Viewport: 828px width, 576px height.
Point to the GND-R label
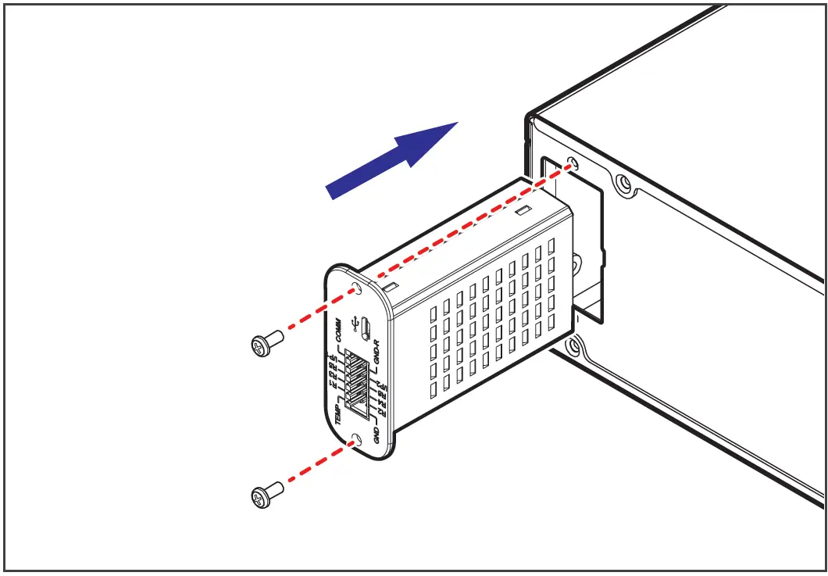376,354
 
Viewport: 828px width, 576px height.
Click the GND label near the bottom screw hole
377,435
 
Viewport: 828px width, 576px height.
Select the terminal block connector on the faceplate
357,381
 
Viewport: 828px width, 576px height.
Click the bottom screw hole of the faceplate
356,441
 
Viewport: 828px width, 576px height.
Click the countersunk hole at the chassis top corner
623,185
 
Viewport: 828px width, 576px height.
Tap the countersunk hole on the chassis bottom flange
575,345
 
